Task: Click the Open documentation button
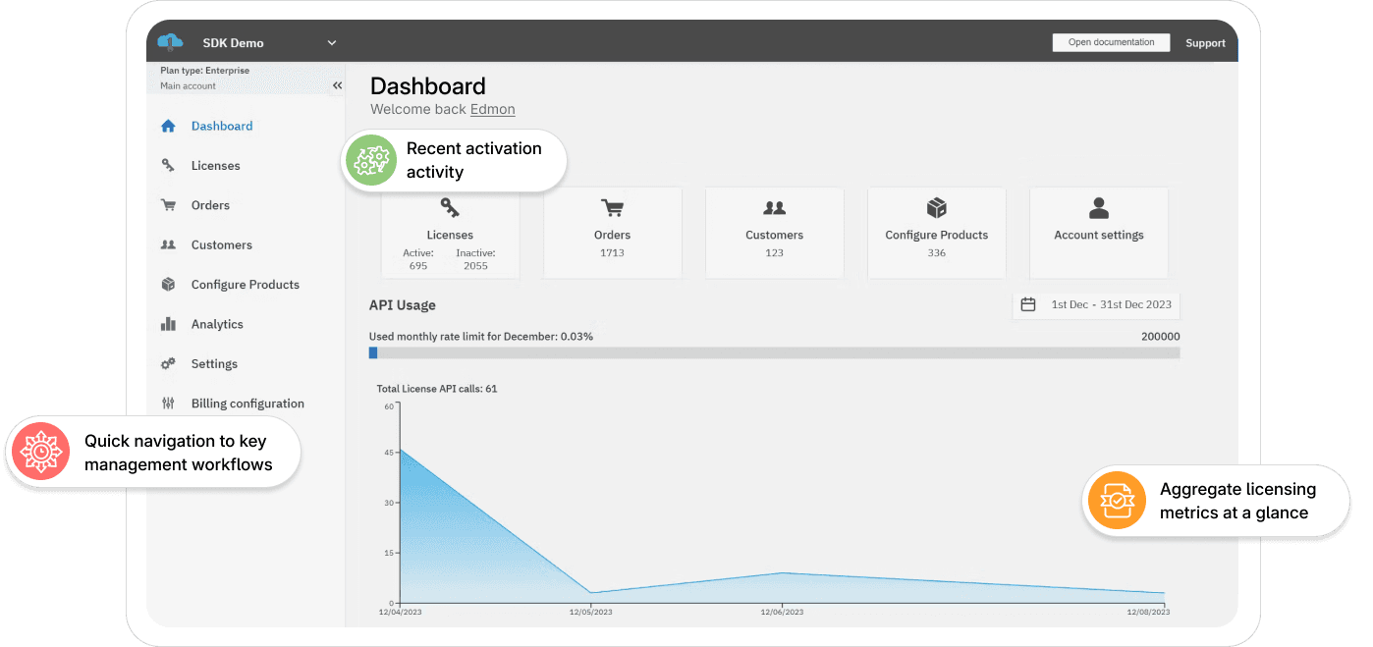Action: (1111, 42)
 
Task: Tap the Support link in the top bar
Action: (1205, 43)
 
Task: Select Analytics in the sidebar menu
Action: (217, 324)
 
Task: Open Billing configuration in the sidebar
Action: (247, 404)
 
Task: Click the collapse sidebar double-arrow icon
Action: (337, 85)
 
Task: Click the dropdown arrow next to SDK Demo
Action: (332, 43)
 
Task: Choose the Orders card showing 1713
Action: (612, 234)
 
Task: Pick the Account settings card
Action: (1098, 234)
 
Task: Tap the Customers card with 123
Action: (774, 234)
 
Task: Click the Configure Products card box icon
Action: (937, 208)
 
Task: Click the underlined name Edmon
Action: (492, 109)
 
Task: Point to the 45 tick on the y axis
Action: (389, 453)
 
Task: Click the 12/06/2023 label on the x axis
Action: (782, 612)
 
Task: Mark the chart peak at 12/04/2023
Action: (401, 451)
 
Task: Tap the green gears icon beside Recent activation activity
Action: (371, 160)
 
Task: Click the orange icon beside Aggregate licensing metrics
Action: (1117, 501)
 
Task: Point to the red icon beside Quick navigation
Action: (40, 452)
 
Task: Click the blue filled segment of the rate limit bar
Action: (372, 352)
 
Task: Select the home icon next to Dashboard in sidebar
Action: (168, 127)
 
